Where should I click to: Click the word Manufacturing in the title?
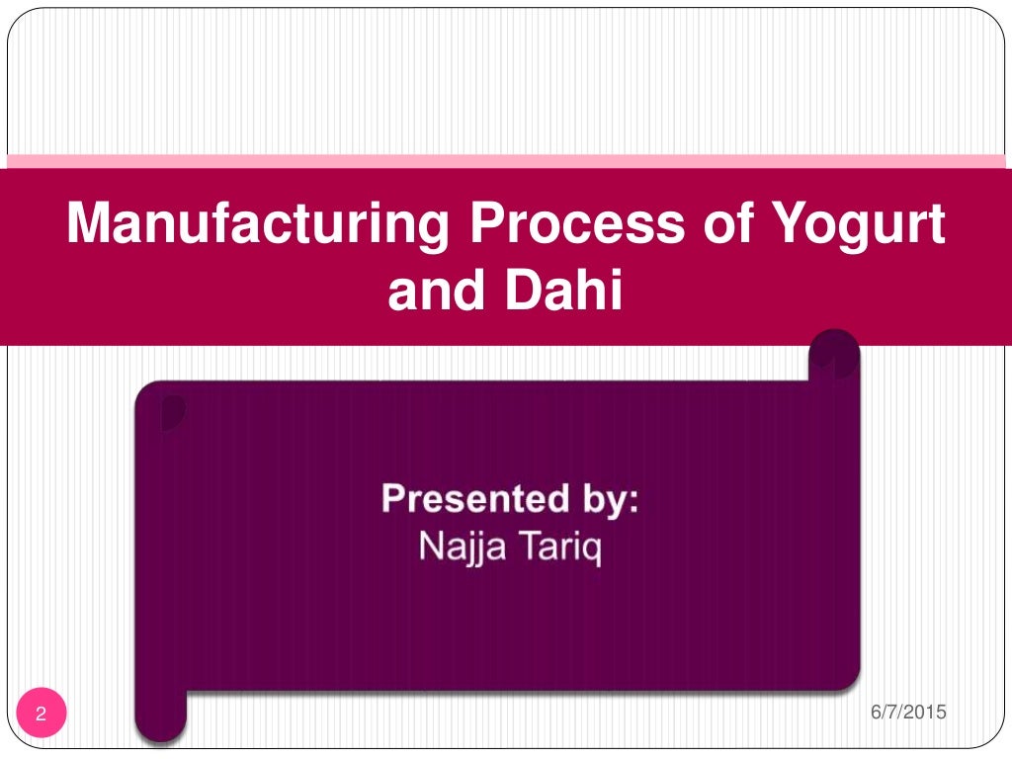[257, 224]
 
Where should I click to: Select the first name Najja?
[460, 547]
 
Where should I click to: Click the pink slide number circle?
[42, 714]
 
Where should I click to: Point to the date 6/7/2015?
[908, 712]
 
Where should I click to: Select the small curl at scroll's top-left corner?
[172, 411]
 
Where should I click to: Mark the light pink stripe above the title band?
[506, 160]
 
